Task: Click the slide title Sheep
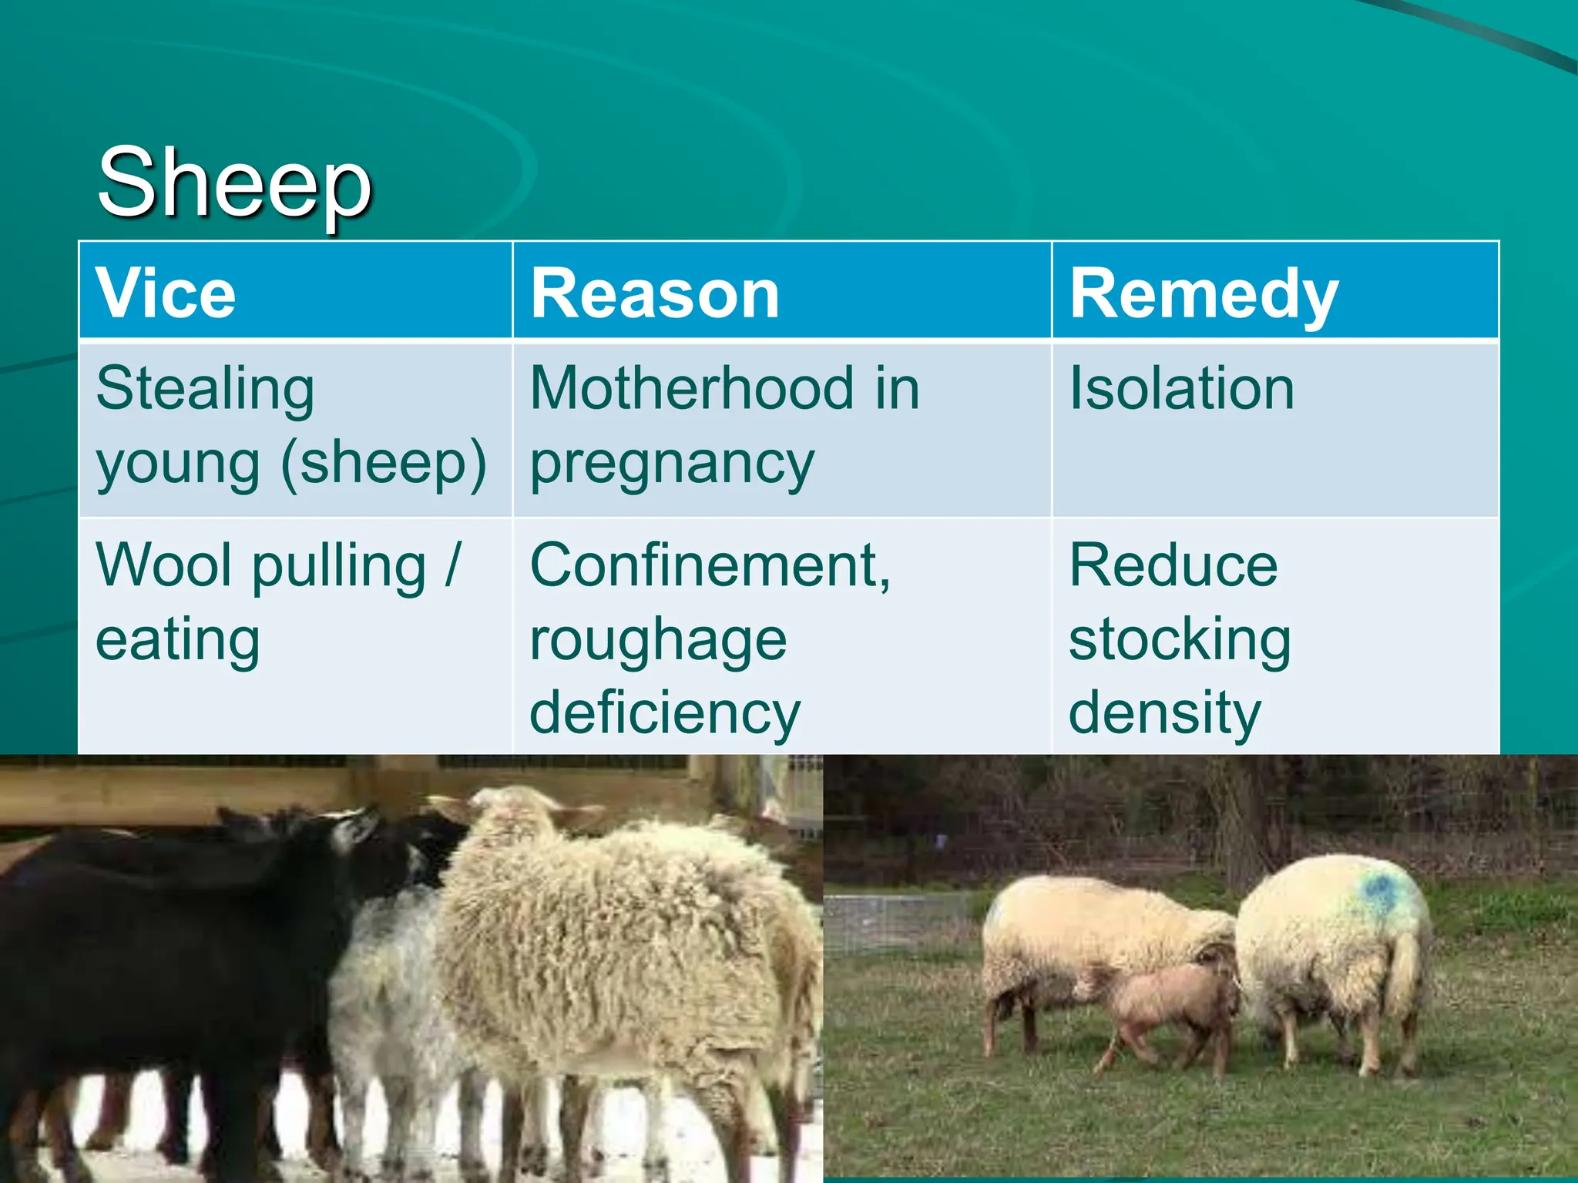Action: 235,185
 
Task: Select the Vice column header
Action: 166,293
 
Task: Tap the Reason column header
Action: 655,293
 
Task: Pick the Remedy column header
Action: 1204,295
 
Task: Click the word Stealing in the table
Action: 205,390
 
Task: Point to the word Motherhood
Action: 692,388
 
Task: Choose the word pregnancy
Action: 672,464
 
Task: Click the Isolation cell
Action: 1181,388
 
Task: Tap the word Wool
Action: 163,565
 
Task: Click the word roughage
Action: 658,641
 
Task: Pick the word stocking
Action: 1180,640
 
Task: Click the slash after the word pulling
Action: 453,565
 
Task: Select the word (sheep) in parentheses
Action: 384,464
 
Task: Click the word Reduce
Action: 1173,566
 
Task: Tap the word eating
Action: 178,641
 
